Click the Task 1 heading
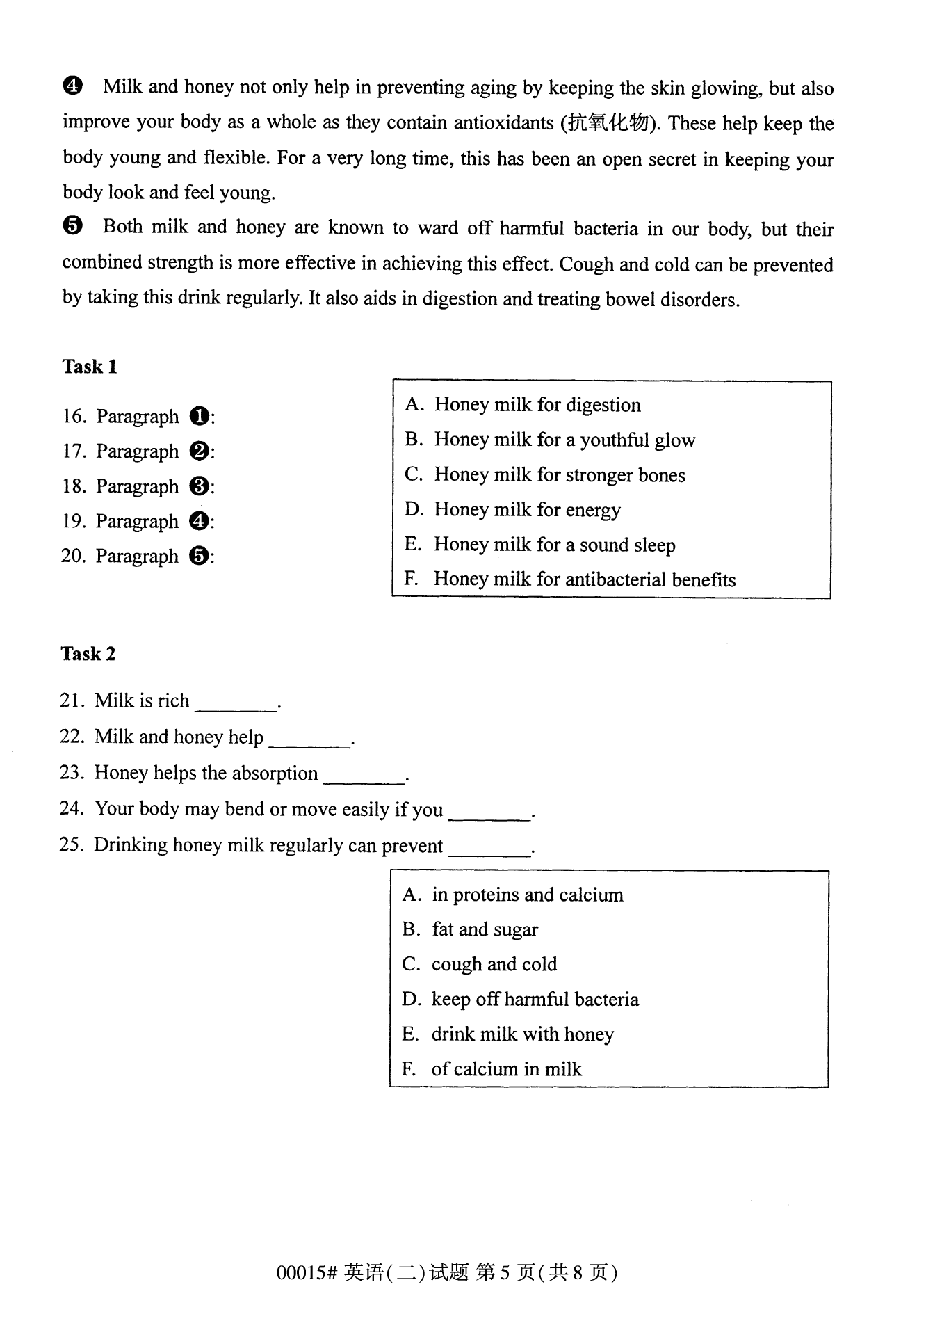tap(90, 367)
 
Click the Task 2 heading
tap(88, 654)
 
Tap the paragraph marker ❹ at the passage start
tap(72, 87)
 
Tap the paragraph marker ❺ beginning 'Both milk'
tap(72, 227)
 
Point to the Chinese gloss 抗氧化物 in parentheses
tap(608, 124)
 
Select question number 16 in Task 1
tap(74, 417)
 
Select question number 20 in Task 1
tap(74, 557)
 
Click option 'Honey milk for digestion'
tap(537, 405)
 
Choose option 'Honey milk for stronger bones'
tap(559, 475)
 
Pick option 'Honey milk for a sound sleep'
tap(554, 545)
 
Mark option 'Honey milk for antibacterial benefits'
tap(584, 579)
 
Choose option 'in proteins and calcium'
tap(527, 895)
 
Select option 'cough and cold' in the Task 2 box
tap(494, 965)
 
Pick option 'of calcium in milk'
tap(506, 1069)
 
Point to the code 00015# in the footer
tap(307, 1273)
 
